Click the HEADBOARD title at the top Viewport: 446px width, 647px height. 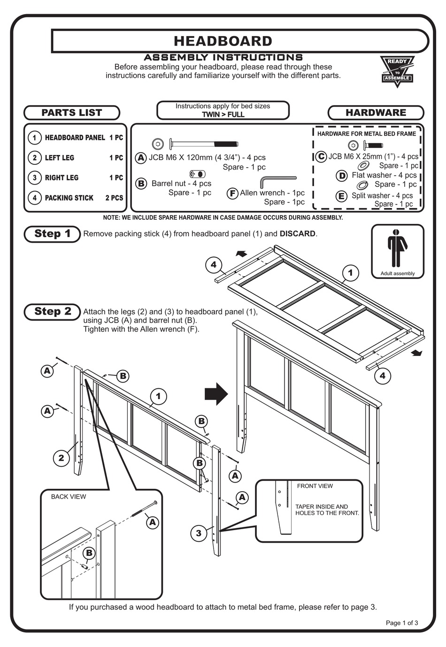223,41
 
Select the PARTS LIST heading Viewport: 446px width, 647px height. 72,113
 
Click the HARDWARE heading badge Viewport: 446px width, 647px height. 376,113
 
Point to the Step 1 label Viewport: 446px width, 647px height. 52,234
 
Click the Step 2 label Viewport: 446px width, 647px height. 52,311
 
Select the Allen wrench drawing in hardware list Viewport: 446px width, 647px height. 277,181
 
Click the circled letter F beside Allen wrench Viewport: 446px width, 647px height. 232,193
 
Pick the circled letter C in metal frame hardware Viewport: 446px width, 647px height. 321,156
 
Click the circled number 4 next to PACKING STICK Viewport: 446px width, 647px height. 34,198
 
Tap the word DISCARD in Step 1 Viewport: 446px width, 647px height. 298,234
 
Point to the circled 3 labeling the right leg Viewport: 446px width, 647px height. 199,533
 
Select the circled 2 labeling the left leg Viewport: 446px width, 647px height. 61,457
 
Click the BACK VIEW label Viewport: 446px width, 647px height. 69,497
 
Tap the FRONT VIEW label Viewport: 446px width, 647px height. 315,486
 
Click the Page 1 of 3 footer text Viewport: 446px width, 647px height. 401,623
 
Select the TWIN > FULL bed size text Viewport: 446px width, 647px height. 223,115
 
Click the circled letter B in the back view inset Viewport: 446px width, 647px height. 89,553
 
